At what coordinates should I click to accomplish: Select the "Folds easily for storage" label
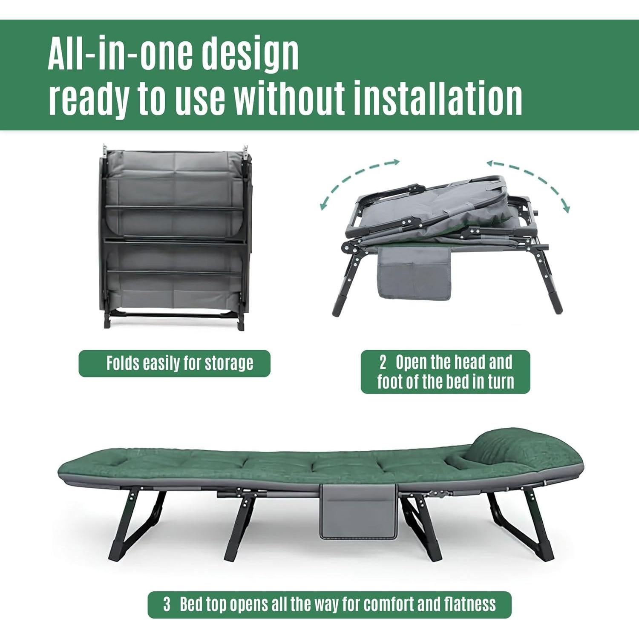tap(175, 363)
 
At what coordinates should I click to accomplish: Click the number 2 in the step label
tap(383, 363)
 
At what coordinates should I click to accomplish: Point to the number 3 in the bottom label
tap(167, 604)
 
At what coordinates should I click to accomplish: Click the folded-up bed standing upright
tap(174, 236)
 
